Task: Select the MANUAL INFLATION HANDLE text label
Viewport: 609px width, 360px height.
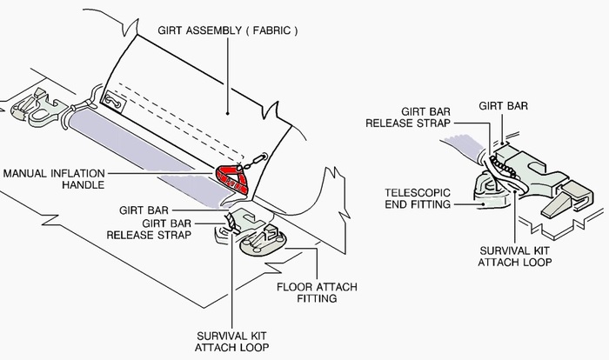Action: click(x=54, y=179)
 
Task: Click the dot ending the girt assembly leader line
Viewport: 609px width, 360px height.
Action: click(x=227, y=112)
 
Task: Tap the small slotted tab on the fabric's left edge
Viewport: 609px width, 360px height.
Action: click(x=111, y=101)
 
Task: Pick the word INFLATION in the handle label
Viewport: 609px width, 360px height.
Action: click(x=77, y=173)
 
